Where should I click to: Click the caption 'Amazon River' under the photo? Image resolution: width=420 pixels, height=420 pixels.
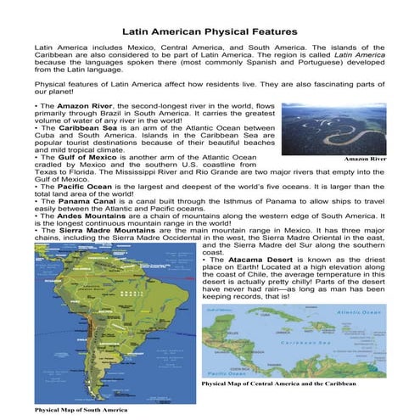pos(365,159)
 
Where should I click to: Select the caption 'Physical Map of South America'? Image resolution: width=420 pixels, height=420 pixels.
pos(81,410)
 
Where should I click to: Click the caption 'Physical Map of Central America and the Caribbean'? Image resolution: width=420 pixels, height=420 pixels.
pos(289,384)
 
